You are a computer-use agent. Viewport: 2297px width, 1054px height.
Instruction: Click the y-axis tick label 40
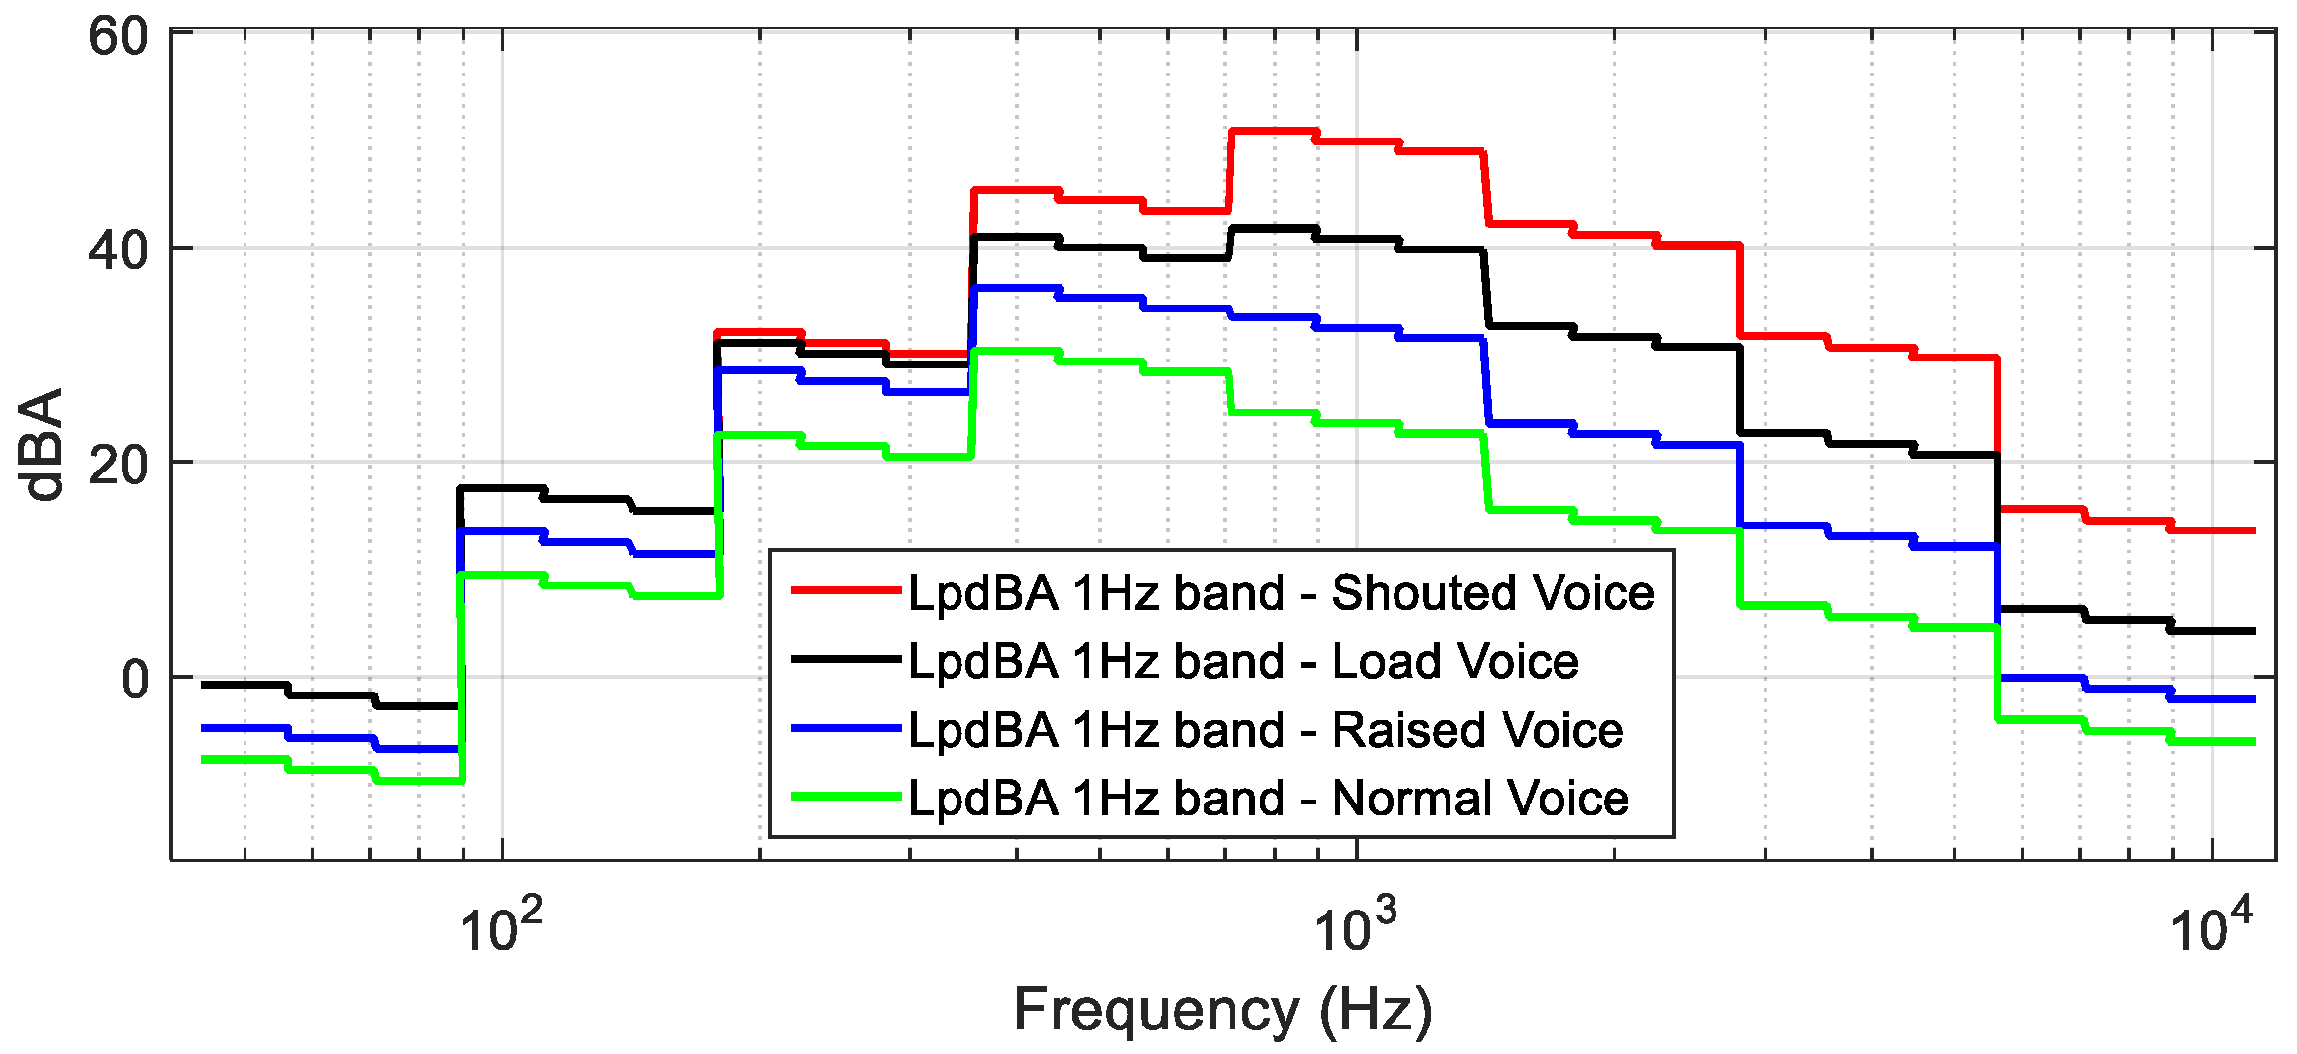click(118, 250)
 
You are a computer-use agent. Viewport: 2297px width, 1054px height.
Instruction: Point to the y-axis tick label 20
click(118, 465)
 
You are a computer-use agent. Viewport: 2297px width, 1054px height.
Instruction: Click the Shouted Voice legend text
click(1282, 592)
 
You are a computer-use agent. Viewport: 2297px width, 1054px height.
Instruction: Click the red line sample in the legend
click(846, 590)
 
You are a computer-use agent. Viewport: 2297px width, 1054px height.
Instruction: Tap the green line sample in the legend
click(846, 797)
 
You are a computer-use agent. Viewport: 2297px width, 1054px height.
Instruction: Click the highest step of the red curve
click(1273, 131)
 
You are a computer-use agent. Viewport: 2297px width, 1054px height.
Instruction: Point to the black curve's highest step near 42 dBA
click(1273, 228)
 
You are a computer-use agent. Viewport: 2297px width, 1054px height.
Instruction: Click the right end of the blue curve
click(2253, 699)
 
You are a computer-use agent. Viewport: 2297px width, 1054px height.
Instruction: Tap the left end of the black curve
click(204, 685)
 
